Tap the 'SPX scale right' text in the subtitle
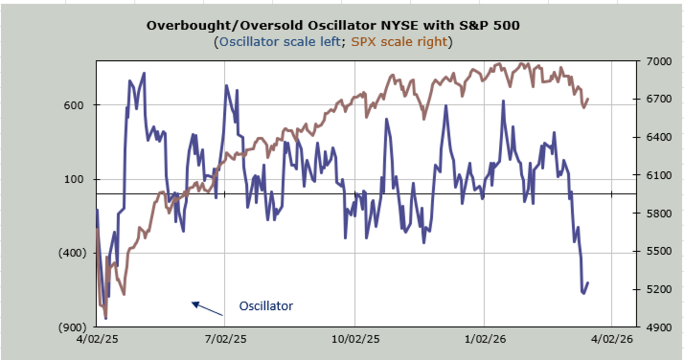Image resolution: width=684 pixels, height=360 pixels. pyautogui.click(x=399, y=42)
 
